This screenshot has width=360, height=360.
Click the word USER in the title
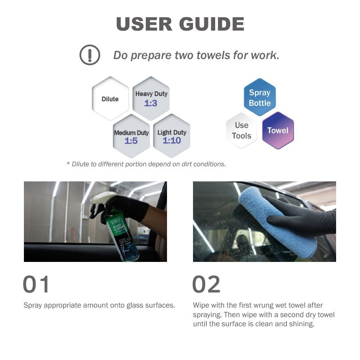tap(144, 24)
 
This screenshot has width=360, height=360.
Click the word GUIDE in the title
tap(212, 24)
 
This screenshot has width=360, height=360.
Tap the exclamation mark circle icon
tap(90, 55)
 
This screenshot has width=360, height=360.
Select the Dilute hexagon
tap(110, 99)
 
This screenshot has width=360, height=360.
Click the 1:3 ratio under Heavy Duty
tap(150, 103)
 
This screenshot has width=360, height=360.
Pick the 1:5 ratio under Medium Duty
tap(131, 141)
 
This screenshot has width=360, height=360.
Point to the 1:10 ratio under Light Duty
tap(172, 140)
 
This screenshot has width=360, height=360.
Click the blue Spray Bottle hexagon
tap(260, 97)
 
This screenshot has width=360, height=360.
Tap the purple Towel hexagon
tap(278, 130)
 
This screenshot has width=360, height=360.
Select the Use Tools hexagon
tap(242, 130)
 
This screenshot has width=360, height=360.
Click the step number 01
tap(36, 284)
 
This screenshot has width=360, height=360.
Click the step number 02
tap(206, 284)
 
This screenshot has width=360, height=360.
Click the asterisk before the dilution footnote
tap(68, 163)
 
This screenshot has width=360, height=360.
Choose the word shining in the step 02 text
tap(302, 324)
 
